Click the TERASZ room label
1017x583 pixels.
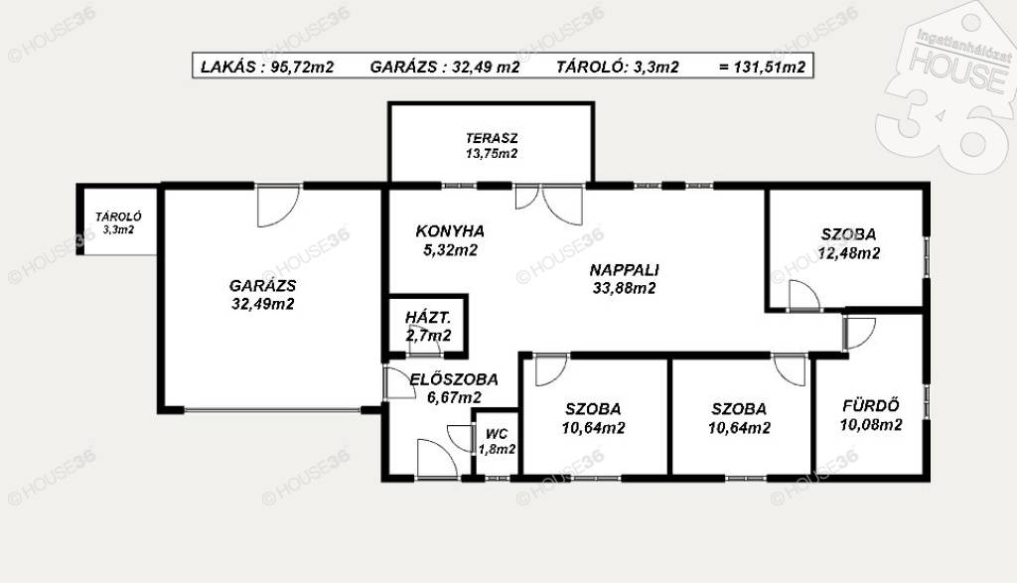click(x=492, y=138)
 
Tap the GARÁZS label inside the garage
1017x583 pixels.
click(x=262, y=285)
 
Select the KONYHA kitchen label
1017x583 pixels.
click(x=450, y=230)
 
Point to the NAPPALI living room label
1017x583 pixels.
click(x=624, y=270)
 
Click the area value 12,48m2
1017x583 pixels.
click(x=849, y=253)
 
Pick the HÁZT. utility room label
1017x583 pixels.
click(x=428, y=318)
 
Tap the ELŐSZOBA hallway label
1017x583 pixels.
click(x=454, y=379)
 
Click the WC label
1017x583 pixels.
click(x=497, y=434)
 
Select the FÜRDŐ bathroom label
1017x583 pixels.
click(x=871, y=406)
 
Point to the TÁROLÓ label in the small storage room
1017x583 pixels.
click(x=118, y=218)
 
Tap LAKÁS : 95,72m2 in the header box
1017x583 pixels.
click(x=267, y=67)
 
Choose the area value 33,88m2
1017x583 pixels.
click(x=624, y=288)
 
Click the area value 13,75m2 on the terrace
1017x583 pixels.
click(x=492, y=154)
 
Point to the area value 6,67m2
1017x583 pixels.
click(x=454, y=397)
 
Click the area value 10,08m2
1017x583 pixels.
click(x=871, y=425)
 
